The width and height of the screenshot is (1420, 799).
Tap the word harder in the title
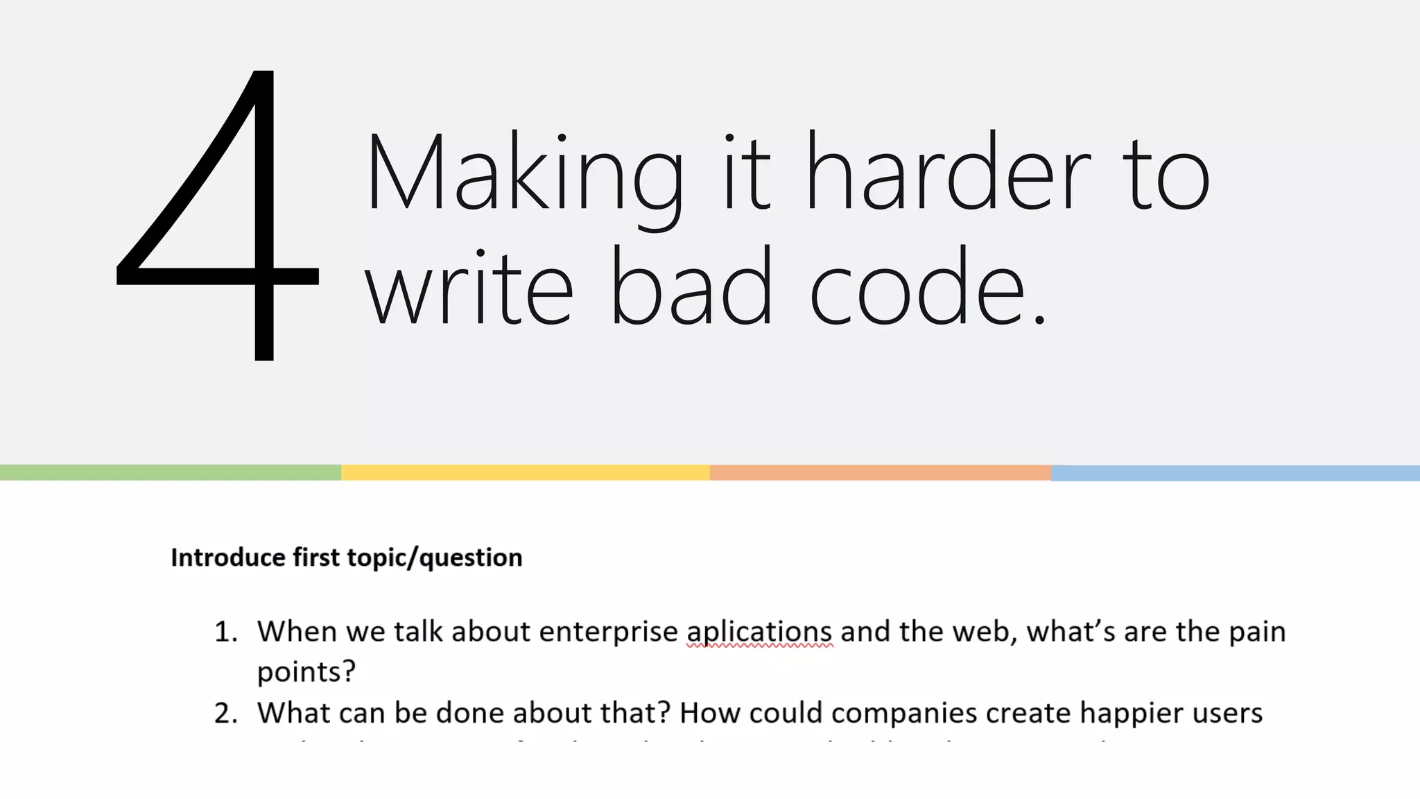pos(949,173)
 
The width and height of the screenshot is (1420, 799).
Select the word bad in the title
pos(691,288)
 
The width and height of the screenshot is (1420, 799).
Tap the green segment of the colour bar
pos(170,473)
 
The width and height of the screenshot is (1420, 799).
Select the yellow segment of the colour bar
pos(525,473)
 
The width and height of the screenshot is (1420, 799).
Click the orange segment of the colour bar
pos(880,473)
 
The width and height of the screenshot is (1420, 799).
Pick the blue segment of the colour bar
pos(1235,473)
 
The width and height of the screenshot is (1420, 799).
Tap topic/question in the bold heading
pos(434,558)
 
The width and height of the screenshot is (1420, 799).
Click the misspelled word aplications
pos(759,632)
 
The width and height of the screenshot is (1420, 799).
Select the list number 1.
pos(225,632)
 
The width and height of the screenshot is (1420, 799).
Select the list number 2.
pos(225,713)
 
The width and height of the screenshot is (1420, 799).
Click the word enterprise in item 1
pos(608,632)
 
